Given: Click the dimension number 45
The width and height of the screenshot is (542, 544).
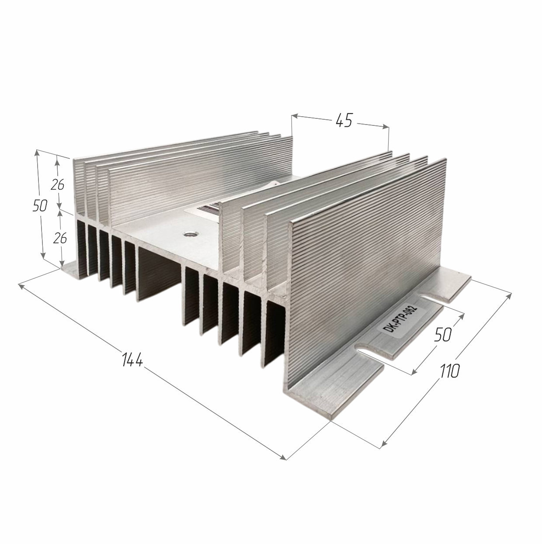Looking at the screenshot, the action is (x=344, y=121).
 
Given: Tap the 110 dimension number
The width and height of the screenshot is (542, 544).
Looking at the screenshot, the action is (x=449, y=371).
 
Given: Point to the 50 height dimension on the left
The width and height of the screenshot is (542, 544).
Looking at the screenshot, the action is (x=40, y=206).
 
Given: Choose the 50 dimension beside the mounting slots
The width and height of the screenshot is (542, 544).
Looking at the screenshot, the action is (x=443, y=334).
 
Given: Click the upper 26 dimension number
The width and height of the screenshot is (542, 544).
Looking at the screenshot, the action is (x=57, y=185).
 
